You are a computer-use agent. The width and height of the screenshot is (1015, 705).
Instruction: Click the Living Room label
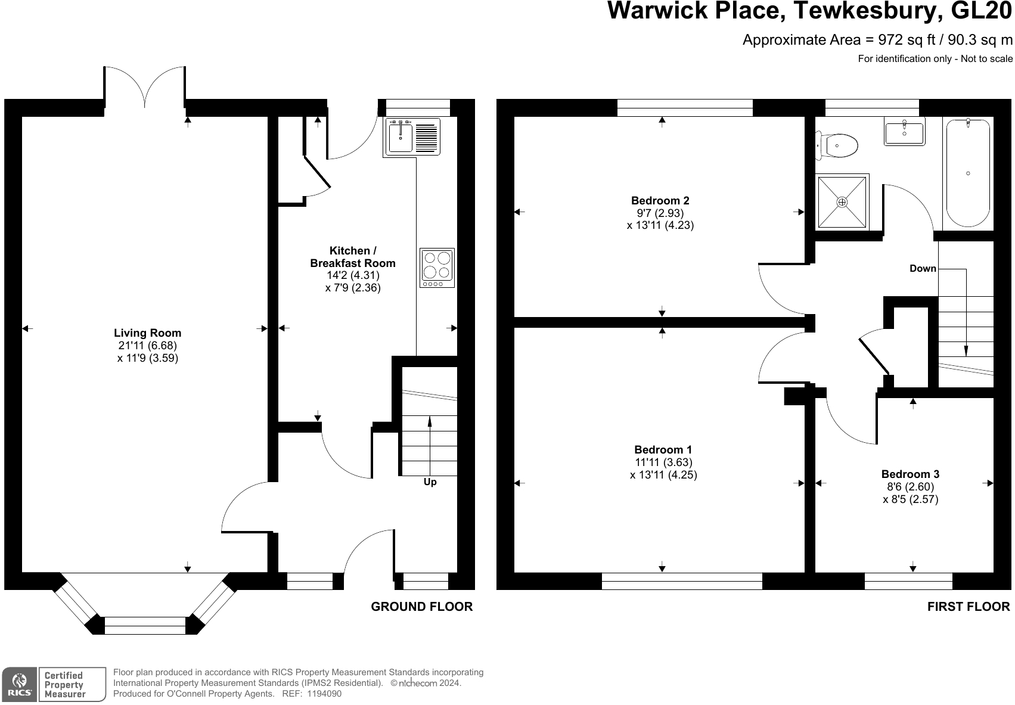tap(147, 333)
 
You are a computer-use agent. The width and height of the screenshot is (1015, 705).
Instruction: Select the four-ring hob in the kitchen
tap(437, 267)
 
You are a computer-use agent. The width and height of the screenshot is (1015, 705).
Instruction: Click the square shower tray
tap(842, 201)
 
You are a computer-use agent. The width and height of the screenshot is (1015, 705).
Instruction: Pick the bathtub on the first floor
tap(968, 173)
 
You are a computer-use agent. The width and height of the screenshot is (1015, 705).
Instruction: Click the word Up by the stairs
tap(430, 482)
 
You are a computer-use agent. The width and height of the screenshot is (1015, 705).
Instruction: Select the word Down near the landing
tap(923, 269)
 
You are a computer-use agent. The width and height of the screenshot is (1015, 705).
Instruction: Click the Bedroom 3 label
tap(910, 474)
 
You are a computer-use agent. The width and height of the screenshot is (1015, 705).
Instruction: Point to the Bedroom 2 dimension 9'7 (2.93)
tap(660, 213)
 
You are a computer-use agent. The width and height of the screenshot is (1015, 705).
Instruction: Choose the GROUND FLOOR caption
tap(421, 607)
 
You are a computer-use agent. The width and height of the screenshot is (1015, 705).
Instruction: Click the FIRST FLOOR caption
tap(969, 607)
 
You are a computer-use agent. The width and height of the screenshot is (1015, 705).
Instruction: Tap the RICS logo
tap(20, 685)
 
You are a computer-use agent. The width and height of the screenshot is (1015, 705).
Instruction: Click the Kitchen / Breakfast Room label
tap(353, 257)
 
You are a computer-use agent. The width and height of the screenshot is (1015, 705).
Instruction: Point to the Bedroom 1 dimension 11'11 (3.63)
tap(663, 462)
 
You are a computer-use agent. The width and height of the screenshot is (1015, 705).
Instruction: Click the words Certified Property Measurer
tap(64, 685)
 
